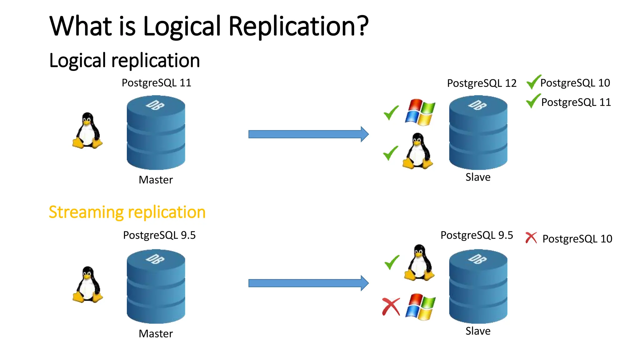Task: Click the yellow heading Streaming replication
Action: (x=127, y=212)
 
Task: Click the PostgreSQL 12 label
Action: (x=481, y=83)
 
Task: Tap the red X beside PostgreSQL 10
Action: (x=531, y=238)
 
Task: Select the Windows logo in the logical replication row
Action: (x=420, y=112)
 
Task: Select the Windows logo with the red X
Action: (x=420, y=307)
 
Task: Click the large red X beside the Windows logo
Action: (x=391, y=307)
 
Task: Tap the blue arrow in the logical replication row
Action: (x=308, y=134)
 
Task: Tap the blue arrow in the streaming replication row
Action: (x=308, y=283)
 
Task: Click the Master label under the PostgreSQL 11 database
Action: (x=156, y=180)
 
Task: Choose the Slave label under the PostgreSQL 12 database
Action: (x=478, y=177)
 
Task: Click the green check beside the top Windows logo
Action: (x=391, y=113)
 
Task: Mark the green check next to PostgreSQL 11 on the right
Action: (x=533, y=101)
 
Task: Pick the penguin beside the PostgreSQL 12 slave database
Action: (x=418, y=151)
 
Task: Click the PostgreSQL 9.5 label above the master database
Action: (x=159, y=235)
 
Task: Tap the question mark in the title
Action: (x=363, y=26)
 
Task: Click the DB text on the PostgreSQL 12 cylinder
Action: (x=477, y=105)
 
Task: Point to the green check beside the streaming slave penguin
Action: (x=392, y=262)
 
